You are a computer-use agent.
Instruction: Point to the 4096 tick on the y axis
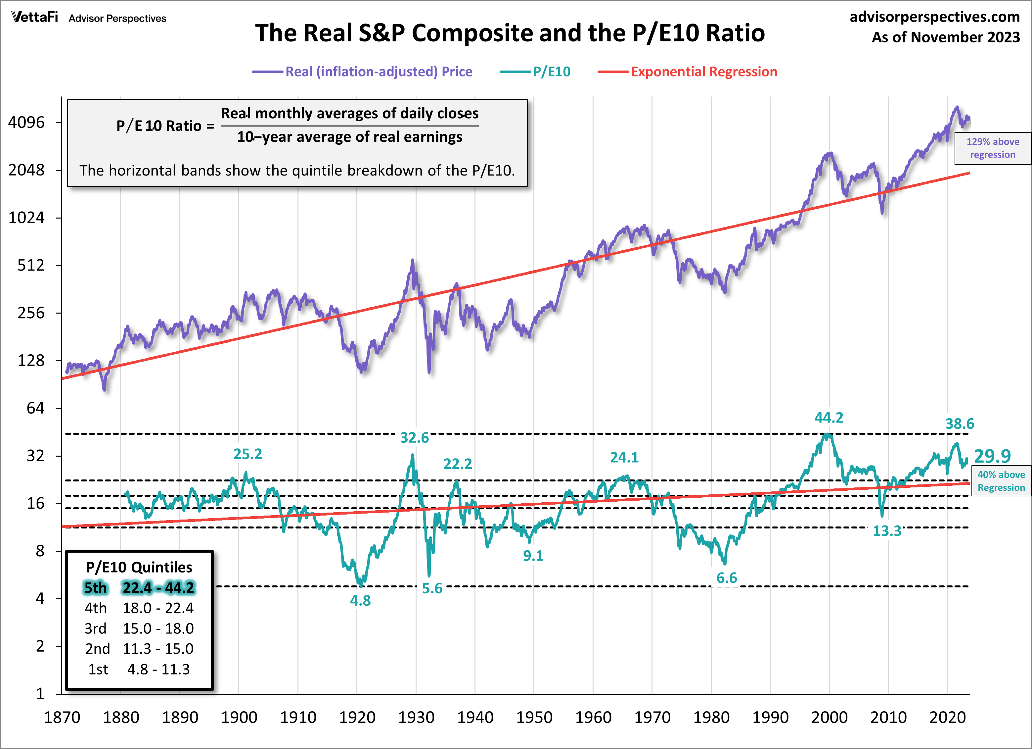coord(26,123)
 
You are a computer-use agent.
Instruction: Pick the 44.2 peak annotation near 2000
coord(829,418)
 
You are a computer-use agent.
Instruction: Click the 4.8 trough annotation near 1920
coord(360,601)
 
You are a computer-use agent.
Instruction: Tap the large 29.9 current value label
coord(992,456)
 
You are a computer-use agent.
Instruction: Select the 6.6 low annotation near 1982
coord(726,578)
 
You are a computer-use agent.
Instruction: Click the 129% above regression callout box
coord(992,148)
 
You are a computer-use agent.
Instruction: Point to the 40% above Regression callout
coord(1001,481)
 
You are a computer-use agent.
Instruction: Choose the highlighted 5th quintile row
coord(139,588)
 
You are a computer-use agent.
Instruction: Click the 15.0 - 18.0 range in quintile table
coord(158,628)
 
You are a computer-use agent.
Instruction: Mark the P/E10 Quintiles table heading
coord(139,567)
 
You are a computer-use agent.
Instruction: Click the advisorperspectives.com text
coord(935,17)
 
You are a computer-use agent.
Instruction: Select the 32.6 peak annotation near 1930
coord(414,437)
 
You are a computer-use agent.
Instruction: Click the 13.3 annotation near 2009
coord(886,531)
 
